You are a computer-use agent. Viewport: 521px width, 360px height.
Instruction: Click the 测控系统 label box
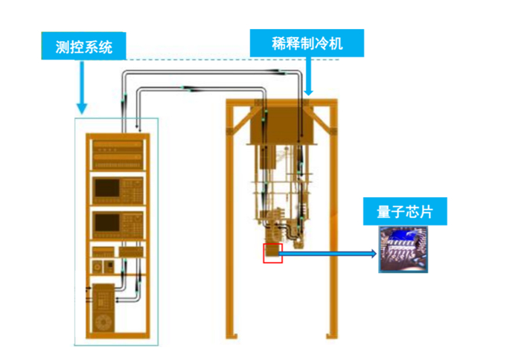83,46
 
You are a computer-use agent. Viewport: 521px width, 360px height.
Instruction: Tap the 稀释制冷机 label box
307,43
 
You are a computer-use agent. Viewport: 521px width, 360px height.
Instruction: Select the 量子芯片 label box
405,211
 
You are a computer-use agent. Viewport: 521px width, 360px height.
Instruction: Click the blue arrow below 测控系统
82,87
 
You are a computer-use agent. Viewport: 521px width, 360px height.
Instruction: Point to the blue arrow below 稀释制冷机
309,76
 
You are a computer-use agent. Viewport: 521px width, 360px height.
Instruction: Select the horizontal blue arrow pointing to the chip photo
327,254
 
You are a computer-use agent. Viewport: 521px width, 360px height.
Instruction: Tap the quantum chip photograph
403,249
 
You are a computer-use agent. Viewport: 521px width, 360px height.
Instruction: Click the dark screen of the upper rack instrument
107,188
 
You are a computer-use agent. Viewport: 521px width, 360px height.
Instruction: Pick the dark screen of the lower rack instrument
107,222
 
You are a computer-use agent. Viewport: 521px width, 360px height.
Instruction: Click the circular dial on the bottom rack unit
103,322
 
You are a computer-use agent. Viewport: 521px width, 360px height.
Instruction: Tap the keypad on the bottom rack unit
103,300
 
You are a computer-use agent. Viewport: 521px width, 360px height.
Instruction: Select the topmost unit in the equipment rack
118,155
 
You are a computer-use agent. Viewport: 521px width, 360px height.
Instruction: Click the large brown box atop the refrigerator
282,125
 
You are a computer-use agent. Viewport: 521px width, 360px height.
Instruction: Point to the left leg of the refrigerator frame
230,219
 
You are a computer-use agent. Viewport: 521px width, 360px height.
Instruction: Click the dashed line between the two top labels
232,60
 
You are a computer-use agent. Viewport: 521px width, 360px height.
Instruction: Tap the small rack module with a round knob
98,266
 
